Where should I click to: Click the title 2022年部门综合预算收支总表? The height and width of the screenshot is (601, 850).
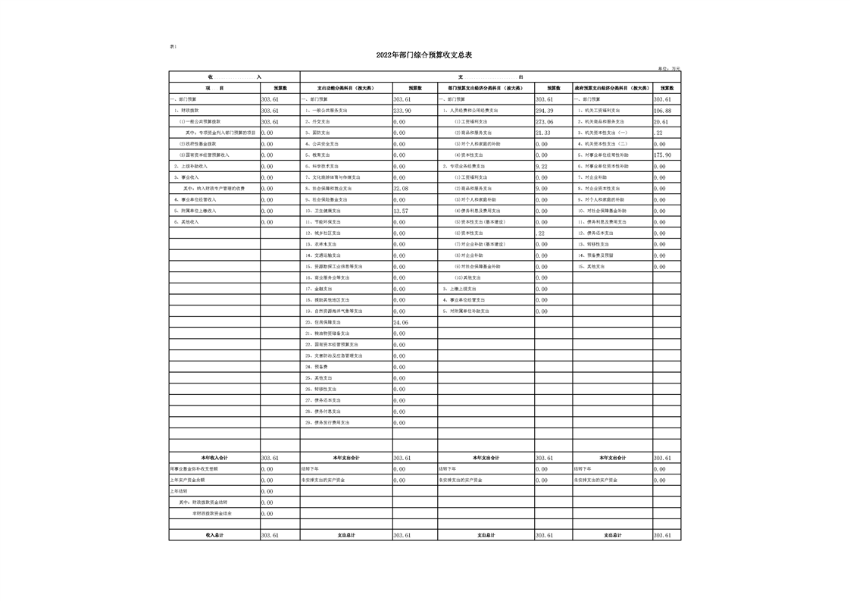(x=424, y=55)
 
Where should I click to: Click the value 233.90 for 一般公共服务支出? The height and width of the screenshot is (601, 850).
(x=402, y=111)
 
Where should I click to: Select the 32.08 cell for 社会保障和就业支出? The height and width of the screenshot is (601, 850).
(x=402, y=189)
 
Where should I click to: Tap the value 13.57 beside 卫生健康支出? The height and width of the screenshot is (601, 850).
(x=402, y=211)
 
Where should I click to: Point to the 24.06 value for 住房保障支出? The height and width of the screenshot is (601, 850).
(x=402, y=323)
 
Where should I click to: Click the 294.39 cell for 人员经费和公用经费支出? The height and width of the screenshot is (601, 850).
(x=545, y=111)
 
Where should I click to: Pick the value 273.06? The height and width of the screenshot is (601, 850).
(x=545, y=122)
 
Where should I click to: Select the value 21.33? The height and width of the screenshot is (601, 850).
(x=543, y=133)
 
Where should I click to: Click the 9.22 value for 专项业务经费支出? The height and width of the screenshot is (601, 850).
(x=542, y=166)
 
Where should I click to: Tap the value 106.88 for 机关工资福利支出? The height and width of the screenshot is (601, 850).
(x=663, y=111)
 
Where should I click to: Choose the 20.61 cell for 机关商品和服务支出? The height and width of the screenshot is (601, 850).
(x=661, y=122)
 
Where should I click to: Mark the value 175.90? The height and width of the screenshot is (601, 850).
(x=663, y=155)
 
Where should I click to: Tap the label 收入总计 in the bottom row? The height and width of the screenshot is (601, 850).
(x=214, y=535)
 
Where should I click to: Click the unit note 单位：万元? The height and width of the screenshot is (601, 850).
(x=669, y=68)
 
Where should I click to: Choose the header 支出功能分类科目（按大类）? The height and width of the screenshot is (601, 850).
(x=345, y=88)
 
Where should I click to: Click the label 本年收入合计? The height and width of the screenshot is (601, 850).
(x=214, y=458)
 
